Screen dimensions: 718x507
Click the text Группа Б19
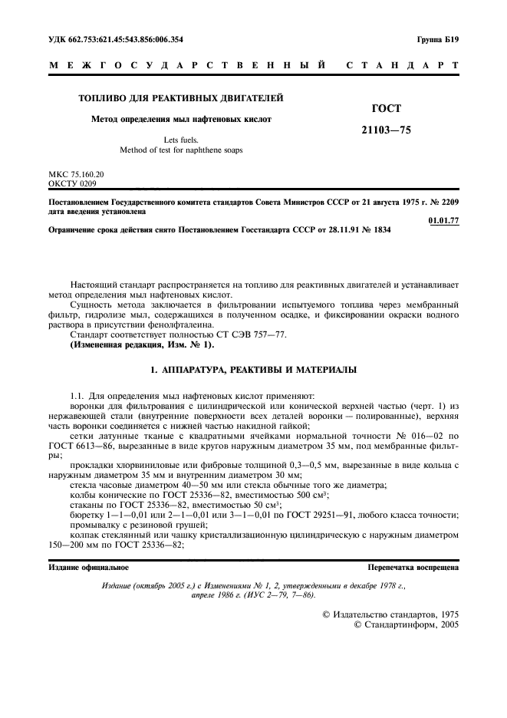pos(437,38)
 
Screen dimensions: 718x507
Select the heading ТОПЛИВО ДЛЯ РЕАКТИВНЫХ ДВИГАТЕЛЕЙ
pos(182,98)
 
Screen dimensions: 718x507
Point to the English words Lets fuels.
pos(181,140)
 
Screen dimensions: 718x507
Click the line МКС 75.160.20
pos(76,175)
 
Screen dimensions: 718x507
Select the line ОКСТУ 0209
pos(72,184)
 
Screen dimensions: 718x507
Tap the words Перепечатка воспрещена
pos(413,568)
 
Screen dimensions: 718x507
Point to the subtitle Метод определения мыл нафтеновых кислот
pos(182,119)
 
